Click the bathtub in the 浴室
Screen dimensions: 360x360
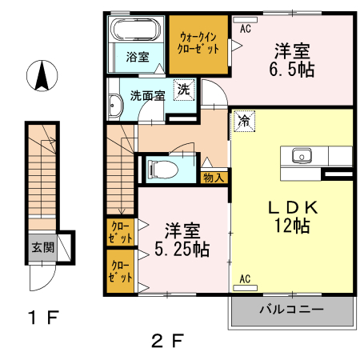click(137, 33)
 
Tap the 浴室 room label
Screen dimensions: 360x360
click(137, 57)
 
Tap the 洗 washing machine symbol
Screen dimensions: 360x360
click(185, 90)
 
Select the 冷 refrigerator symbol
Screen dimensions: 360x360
click(242, 122)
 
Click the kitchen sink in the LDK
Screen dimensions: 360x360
click(302, 154)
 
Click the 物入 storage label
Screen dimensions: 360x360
click(214, 178)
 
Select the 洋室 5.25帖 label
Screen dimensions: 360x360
click(178, 238)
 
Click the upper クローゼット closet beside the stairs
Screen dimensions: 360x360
click(122, 233)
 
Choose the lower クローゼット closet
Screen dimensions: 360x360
click(122, 271)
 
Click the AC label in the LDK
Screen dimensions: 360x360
click(246, 279)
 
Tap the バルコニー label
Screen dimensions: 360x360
click(290, 309)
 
